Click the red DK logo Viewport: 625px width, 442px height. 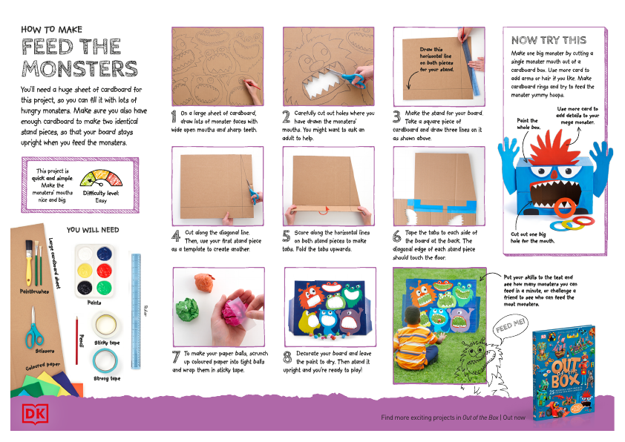point(30,414)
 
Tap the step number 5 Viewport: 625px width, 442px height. point(287,236)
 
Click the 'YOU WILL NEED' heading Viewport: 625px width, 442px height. point(93,230)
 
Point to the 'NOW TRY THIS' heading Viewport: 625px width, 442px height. point(549,40)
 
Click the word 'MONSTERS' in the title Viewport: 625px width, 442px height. point(79,70)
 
